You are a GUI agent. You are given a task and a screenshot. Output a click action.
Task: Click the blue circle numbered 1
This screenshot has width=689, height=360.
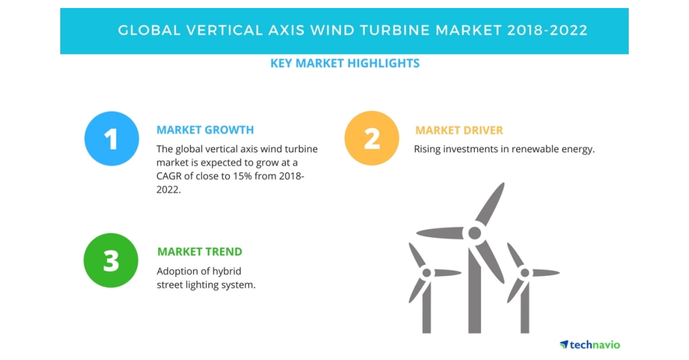tap(111, 139)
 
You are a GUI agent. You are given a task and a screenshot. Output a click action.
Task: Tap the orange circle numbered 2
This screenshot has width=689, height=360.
tap(371, 138)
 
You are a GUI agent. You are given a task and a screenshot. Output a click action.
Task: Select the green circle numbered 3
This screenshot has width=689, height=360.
tap(111, 260)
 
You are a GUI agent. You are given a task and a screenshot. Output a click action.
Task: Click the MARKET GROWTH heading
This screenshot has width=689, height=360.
tap(205, 130)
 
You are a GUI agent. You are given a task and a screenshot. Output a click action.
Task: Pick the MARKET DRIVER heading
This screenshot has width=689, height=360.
tap(459, 131)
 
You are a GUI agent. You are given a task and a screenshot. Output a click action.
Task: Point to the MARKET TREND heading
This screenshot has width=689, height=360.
tap(200, 251)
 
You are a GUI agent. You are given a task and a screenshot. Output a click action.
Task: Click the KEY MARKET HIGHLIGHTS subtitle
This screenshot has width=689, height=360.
tap(344, 63)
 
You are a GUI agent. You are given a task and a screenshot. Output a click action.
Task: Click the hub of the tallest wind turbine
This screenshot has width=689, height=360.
tap(474, 233)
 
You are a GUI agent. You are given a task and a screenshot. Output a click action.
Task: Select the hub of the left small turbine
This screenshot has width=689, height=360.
tap(426, 273)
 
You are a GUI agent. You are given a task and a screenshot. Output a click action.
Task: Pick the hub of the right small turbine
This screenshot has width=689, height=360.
tap(524, 273)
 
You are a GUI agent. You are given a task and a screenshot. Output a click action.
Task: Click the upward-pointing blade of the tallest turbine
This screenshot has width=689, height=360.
tap(490, 203)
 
